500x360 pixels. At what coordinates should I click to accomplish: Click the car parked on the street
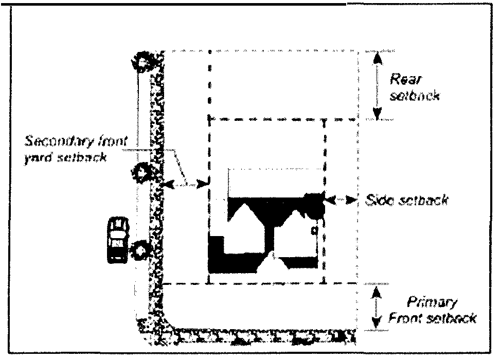[x=118, y=240]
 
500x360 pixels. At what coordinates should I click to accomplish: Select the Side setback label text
[x=405, y=200]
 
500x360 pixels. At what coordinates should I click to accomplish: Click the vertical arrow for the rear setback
[x=378, y=85]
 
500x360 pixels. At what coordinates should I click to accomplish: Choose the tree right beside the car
[x=139, y=251]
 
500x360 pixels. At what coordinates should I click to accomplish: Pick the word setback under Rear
[x=415, y=96]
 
